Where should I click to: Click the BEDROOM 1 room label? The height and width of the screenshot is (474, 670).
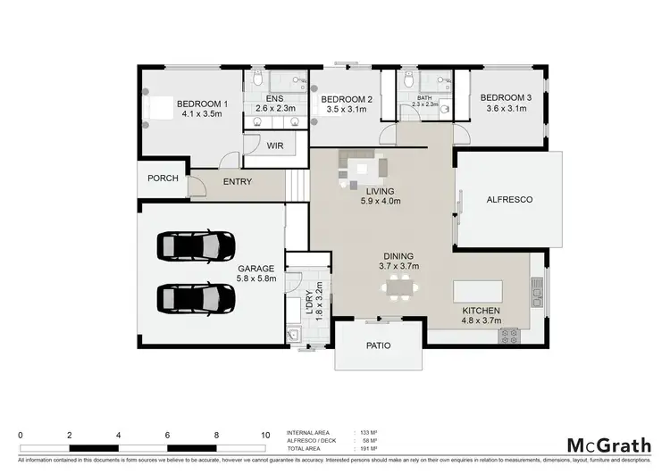(202, 104)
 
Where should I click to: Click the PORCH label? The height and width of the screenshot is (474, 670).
(163, 179)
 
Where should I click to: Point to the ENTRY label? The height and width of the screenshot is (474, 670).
(238, 182)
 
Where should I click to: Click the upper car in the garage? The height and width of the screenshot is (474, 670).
(195, 244)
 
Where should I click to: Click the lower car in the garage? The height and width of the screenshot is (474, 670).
(195, 297)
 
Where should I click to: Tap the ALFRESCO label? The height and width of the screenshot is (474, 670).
(508, 200)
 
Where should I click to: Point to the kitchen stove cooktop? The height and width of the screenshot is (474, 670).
(511, 337)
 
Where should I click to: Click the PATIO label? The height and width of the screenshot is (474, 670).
(379, 345)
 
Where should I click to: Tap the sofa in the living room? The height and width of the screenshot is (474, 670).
(362, 167)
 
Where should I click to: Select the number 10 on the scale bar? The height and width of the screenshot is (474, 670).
(264, 435)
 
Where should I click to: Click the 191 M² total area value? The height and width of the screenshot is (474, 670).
(364, 449)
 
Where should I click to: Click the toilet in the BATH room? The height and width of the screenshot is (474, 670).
(408, 82)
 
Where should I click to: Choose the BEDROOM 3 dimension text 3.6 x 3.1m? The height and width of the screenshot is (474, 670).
(506, 108)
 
